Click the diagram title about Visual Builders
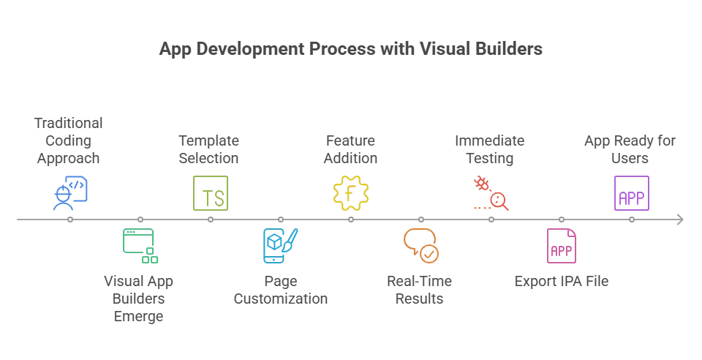click(350, 49)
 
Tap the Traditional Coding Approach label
click(68, 140)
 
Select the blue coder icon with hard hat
click(70, 193)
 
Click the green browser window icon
click(140, 245)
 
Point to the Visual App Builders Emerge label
click(138, 299)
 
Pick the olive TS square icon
click(211, 193)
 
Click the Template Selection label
click(208, 149)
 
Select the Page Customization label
click(280, 290)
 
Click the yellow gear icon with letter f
click(351, 193)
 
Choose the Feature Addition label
click(351, 149)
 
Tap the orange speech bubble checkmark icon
click(420, 245)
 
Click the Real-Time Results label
click(419, 290)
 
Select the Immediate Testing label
click(489, 149)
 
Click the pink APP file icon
click(561, 246)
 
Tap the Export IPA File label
click(561, 281)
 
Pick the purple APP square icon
click(631, 193)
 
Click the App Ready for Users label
click(630, 149)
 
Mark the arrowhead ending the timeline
click(680, 220)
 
